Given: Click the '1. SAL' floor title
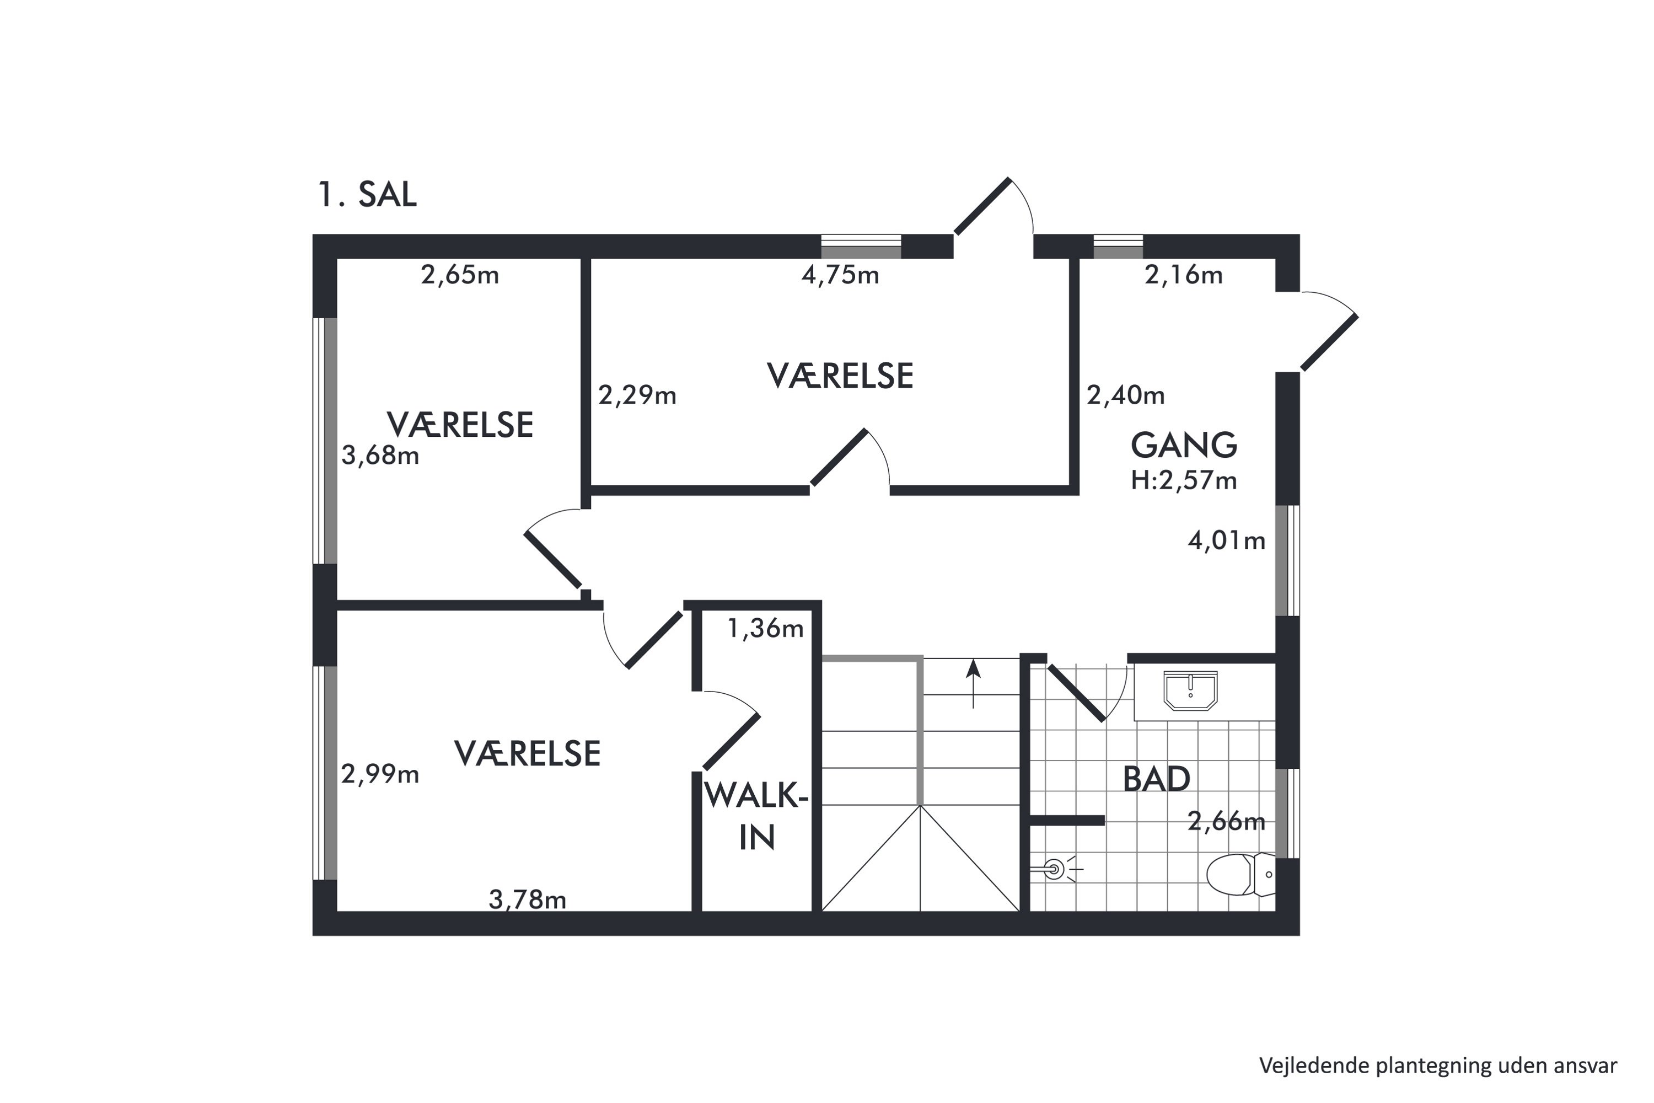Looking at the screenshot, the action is (x=367, y=195).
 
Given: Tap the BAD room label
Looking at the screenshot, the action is (x=1156, y=779).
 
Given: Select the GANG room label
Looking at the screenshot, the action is (x=1184, y=445).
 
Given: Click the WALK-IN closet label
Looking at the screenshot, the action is (x=756, y=817).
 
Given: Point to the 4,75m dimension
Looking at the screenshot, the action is (x=840, y=275).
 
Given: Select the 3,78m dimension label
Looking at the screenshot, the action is (x=528, y=899).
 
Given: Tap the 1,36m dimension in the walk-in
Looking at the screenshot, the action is (x=765, y=628).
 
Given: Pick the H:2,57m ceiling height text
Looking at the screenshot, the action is (x=1184, y=480).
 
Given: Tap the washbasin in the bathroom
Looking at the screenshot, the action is (x=1190, y=691).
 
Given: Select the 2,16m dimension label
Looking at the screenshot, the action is (x=1184, y=275).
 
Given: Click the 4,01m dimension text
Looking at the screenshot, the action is (x=1226, y=540).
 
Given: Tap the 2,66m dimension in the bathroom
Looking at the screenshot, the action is (x=1226, y=821).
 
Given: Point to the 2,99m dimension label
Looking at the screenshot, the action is (x=380, y=774).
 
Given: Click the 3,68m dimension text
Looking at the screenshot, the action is (x=380, y=456).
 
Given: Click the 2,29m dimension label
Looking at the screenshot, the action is (x=637, y=395).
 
